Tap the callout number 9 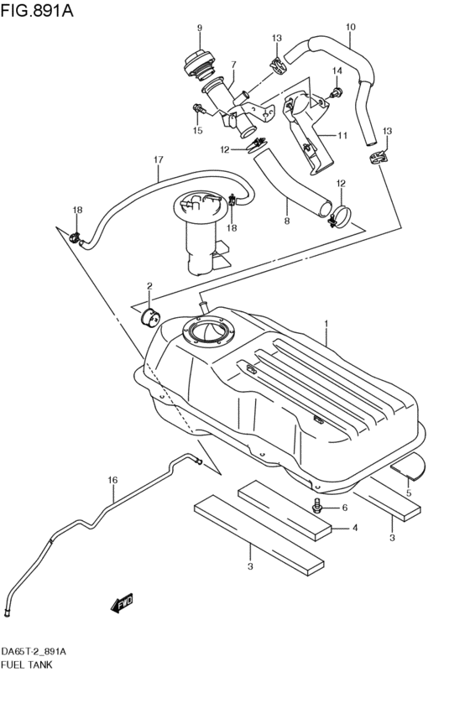pyautogui.click(x=200, y=29)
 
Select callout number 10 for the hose pyautogui.click(x=350, y=27)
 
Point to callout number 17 pyautogui.click(x=157, y=159)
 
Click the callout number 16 pyautogui.click(x=112, y=480)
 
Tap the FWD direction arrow pyautogui.click(x=124, y=602)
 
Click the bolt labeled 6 pyautogui.click(x=318, y=506)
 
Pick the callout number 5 pyautogui.click(x=410, y=493)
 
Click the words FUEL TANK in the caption pyautogui.click(x=27, y=664)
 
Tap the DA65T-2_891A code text pyautogui.click(x=34, y=651)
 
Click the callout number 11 pyautogui.click(x=342, y=135)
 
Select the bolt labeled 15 pyautogui.click(x=197, y=108)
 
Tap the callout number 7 pyautogui.click(x=232, y=64)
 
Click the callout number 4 pyautogui.click(x=355, y=528)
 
